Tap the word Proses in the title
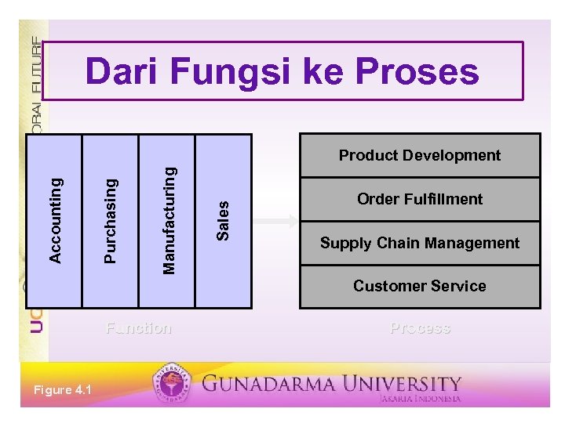416,72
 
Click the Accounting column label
55,220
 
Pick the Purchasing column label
111,220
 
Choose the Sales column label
224,220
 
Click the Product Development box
419,155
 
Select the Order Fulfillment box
419,199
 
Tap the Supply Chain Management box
419,243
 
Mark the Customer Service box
419,286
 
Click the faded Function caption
139,327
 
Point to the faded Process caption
420,327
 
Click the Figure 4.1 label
62,391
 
